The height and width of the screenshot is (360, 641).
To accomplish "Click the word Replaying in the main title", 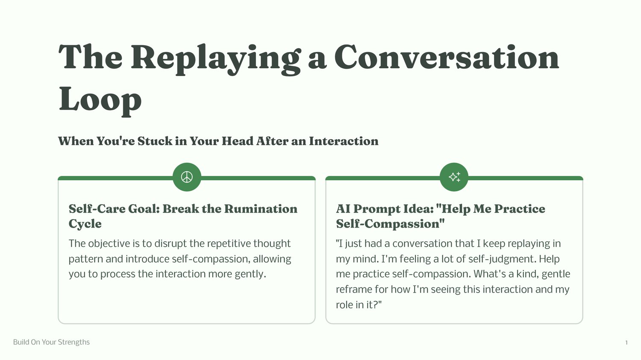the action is (x=216, y=59).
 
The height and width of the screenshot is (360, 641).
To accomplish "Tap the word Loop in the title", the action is (x=100, y=100).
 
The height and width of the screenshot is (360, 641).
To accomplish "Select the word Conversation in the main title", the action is (x=447, y=57).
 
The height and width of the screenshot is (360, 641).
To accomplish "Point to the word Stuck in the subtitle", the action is (x=155, y=141).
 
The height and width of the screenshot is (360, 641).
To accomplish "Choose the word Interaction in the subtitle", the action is (x=344, y=141).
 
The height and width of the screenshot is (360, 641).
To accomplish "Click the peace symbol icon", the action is (x=187, y=177).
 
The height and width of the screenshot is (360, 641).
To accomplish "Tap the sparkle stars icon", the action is (x=454, y=177).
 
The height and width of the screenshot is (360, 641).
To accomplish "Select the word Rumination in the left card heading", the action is (x=261, y=209).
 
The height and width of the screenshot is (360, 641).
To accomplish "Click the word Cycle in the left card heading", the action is (x=85, y=224).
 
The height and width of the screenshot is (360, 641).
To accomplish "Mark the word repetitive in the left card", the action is (x=229, y=243).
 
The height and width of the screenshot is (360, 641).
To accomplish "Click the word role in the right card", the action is (x=344, y=305).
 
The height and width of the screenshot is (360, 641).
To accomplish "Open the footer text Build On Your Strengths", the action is (x=52, y=342).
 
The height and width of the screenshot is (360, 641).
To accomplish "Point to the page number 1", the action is (x=626, y=342).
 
